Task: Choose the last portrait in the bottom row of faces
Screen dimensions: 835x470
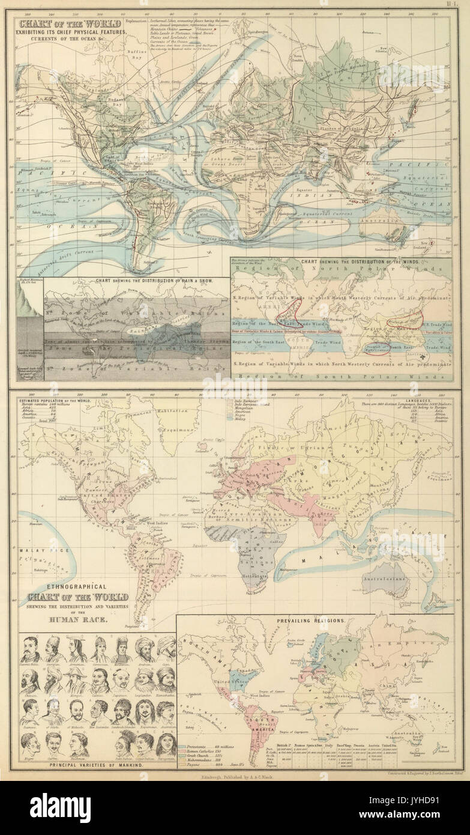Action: click(166, 742)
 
